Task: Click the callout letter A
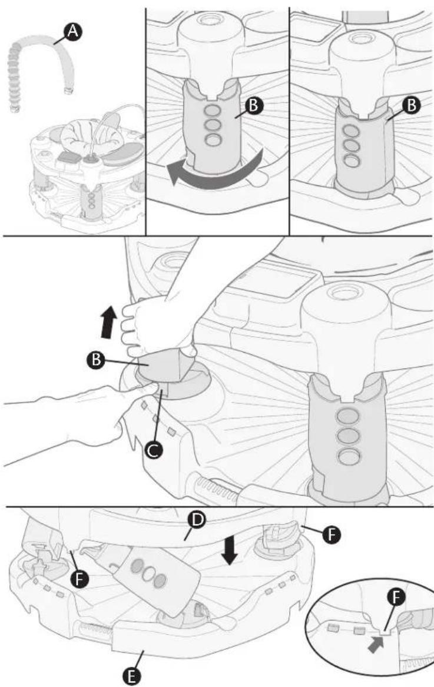coord(72,32)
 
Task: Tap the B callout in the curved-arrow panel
coord(255,105)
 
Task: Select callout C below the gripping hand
coord(154,450)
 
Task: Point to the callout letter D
coord(197,520)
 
